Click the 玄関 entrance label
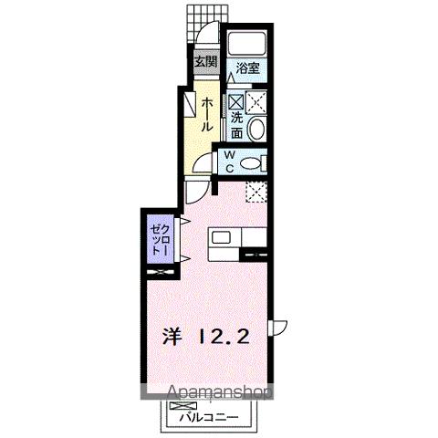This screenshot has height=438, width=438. pos(205,62)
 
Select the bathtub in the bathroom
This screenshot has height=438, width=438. pos(245,43)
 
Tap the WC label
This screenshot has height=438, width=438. pos(230,162)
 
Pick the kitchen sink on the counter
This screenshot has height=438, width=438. pos(224,240)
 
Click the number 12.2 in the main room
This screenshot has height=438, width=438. pos(223,335)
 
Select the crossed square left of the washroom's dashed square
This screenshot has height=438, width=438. pos(235,102)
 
